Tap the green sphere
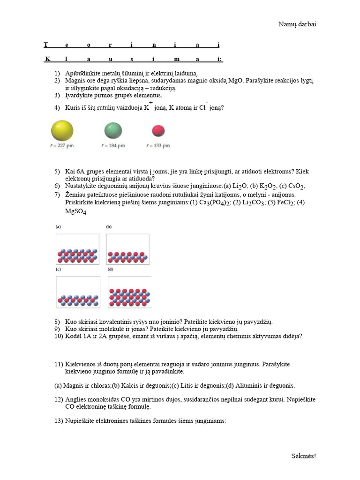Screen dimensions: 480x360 click(x=113, y=130)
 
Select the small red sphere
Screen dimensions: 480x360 click(x=159, y=130)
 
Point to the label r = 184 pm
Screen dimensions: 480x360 click(x=113, y=146)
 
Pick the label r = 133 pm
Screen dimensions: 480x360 click(x=158, y=146)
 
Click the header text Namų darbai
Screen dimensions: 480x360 click(x=297, y=24)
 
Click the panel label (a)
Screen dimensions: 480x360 click(x=58, y=226)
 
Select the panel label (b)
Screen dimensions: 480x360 click(x=109, y=226)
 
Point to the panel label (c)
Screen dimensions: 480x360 click(x=58, y=270)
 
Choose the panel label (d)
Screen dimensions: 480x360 click(x=110, y=270)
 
